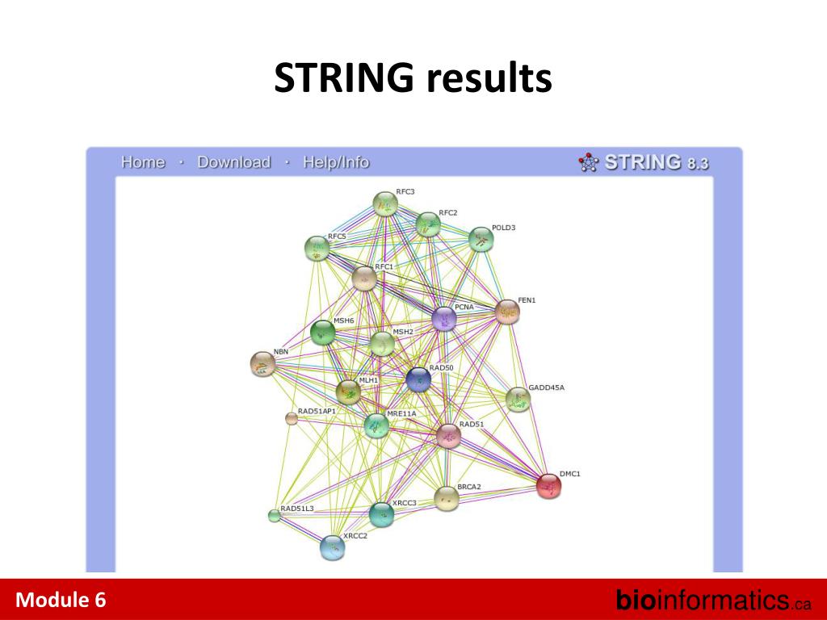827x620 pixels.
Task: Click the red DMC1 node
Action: [x=548, y=486]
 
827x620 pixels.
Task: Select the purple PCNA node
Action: [x=443, y=319]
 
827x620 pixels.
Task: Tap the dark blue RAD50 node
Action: [x=418, y=379]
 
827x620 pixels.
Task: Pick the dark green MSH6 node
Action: [x=322, y=332]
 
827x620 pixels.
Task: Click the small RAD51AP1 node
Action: [x=292, y=417]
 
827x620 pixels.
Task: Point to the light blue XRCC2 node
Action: [x=332, y=548]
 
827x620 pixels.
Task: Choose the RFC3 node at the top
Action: [x=385, y=204]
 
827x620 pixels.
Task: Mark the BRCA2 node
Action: [x=446, y=498]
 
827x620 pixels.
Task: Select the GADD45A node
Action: [x=518, y=399]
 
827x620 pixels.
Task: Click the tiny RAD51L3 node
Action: [x=274, y=516]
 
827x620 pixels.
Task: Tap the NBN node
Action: [x=262, y=364]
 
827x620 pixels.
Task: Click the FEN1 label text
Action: [x=527, y=300]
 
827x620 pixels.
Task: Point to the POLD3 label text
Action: [x=503, y=228]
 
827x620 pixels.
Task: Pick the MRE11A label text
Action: [x=401, y=413]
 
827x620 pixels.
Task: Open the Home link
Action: [x=143, y=162]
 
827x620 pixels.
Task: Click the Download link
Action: [x=233, y=162]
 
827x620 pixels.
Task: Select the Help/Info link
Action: [x=336, y=162]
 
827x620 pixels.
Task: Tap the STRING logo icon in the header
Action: [x=589, y=162]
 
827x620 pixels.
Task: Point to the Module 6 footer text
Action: [x=61, y=600]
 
